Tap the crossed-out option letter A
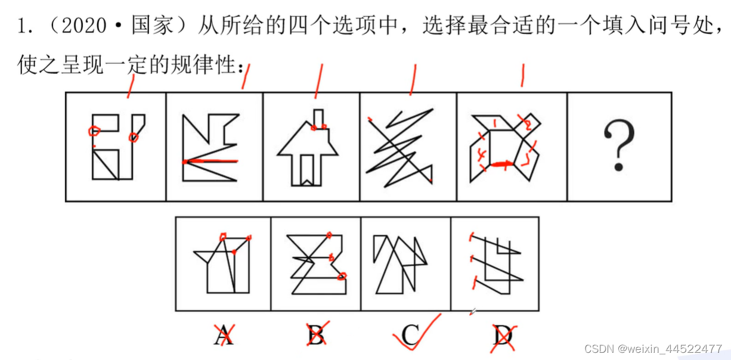[224, 336]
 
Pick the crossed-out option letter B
[317, 336]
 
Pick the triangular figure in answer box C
[399, 264]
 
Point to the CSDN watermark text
[653, 348]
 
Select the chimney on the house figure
[319, 118]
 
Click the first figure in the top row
[116, 146]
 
